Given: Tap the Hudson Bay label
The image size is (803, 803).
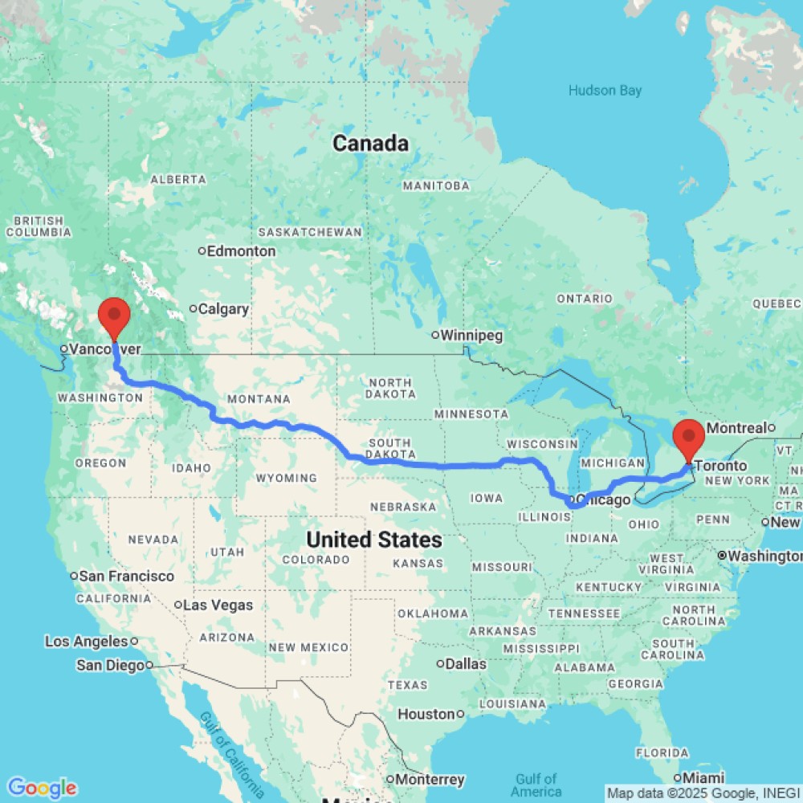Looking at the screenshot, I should point(605,91).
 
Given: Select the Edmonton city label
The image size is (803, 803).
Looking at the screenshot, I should point(241,251).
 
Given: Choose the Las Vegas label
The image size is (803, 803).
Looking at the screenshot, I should point(218,605).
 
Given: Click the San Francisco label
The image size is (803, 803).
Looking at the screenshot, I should point(127,576).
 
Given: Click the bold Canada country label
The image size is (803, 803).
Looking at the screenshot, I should point(370,144).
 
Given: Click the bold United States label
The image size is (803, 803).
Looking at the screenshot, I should point(374,540).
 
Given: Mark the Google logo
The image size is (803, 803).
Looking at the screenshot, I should point(41,788).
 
